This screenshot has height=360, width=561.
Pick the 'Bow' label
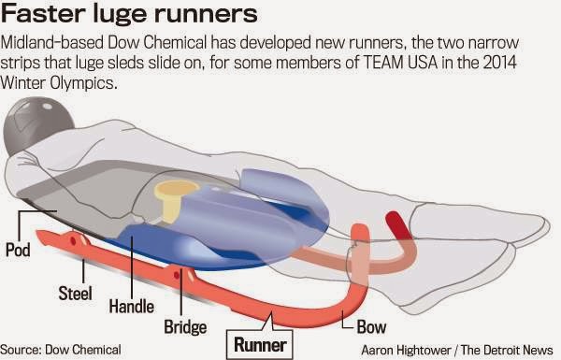click(x=372, y=326)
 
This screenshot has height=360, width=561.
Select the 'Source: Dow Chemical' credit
click(x=62, y=349)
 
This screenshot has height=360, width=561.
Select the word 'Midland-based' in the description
click(x=50, y=43)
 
